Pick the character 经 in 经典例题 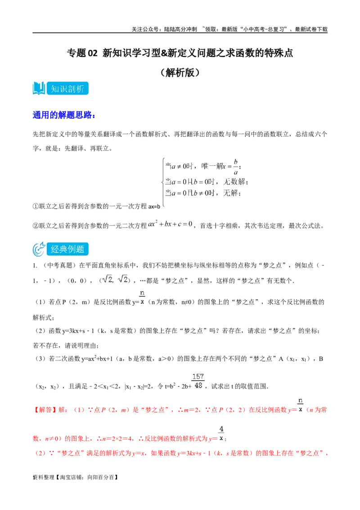55,249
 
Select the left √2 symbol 107,280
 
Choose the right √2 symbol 122,280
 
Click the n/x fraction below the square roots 142,296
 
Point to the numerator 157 198,376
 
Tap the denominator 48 198,385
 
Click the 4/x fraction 220,432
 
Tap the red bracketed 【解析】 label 43,410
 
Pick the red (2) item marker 40,453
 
